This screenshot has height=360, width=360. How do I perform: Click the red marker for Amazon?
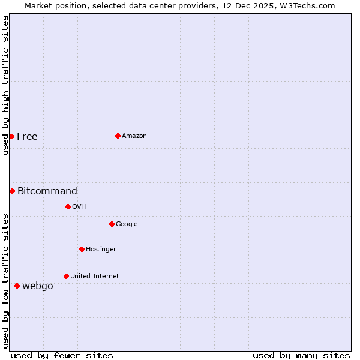click(118, 136)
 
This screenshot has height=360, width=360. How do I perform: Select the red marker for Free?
click(11, 136)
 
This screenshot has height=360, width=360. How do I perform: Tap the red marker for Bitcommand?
click(12, 191)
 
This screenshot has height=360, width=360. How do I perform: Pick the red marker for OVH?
click(68, 206)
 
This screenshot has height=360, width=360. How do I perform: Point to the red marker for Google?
click(112, 224)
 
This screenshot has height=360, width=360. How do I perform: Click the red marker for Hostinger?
click(82, 249)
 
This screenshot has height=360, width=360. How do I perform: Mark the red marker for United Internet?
click(66, 276)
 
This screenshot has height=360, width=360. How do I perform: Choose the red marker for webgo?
click(17, 286)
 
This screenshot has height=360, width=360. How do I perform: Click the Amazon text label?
click(134, 136)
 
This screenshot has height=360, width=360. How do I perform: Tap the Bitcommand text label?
click(47, 191)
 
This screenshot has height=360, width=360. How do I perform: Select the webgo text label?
click(38, 286)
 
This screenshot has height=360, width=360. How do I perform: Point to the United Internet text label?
click(95, 277)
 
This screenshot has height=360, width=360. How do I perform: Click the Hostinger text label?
click(101, 250)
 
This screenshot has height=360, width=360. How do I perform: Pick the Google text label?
click(127, 224)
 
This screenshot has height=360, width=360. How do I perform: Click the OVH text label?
click(79, 207)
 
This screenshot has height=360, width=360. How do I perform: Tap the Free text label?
click(27, 137)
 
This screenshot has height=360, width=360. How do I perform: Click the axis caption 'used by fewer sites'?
click(62, 355)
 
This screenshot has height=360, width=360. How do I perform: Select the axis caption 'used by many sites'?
click(301, 355)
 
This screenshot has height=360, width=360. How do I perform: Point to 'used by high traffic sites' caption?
click(5, 85)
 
